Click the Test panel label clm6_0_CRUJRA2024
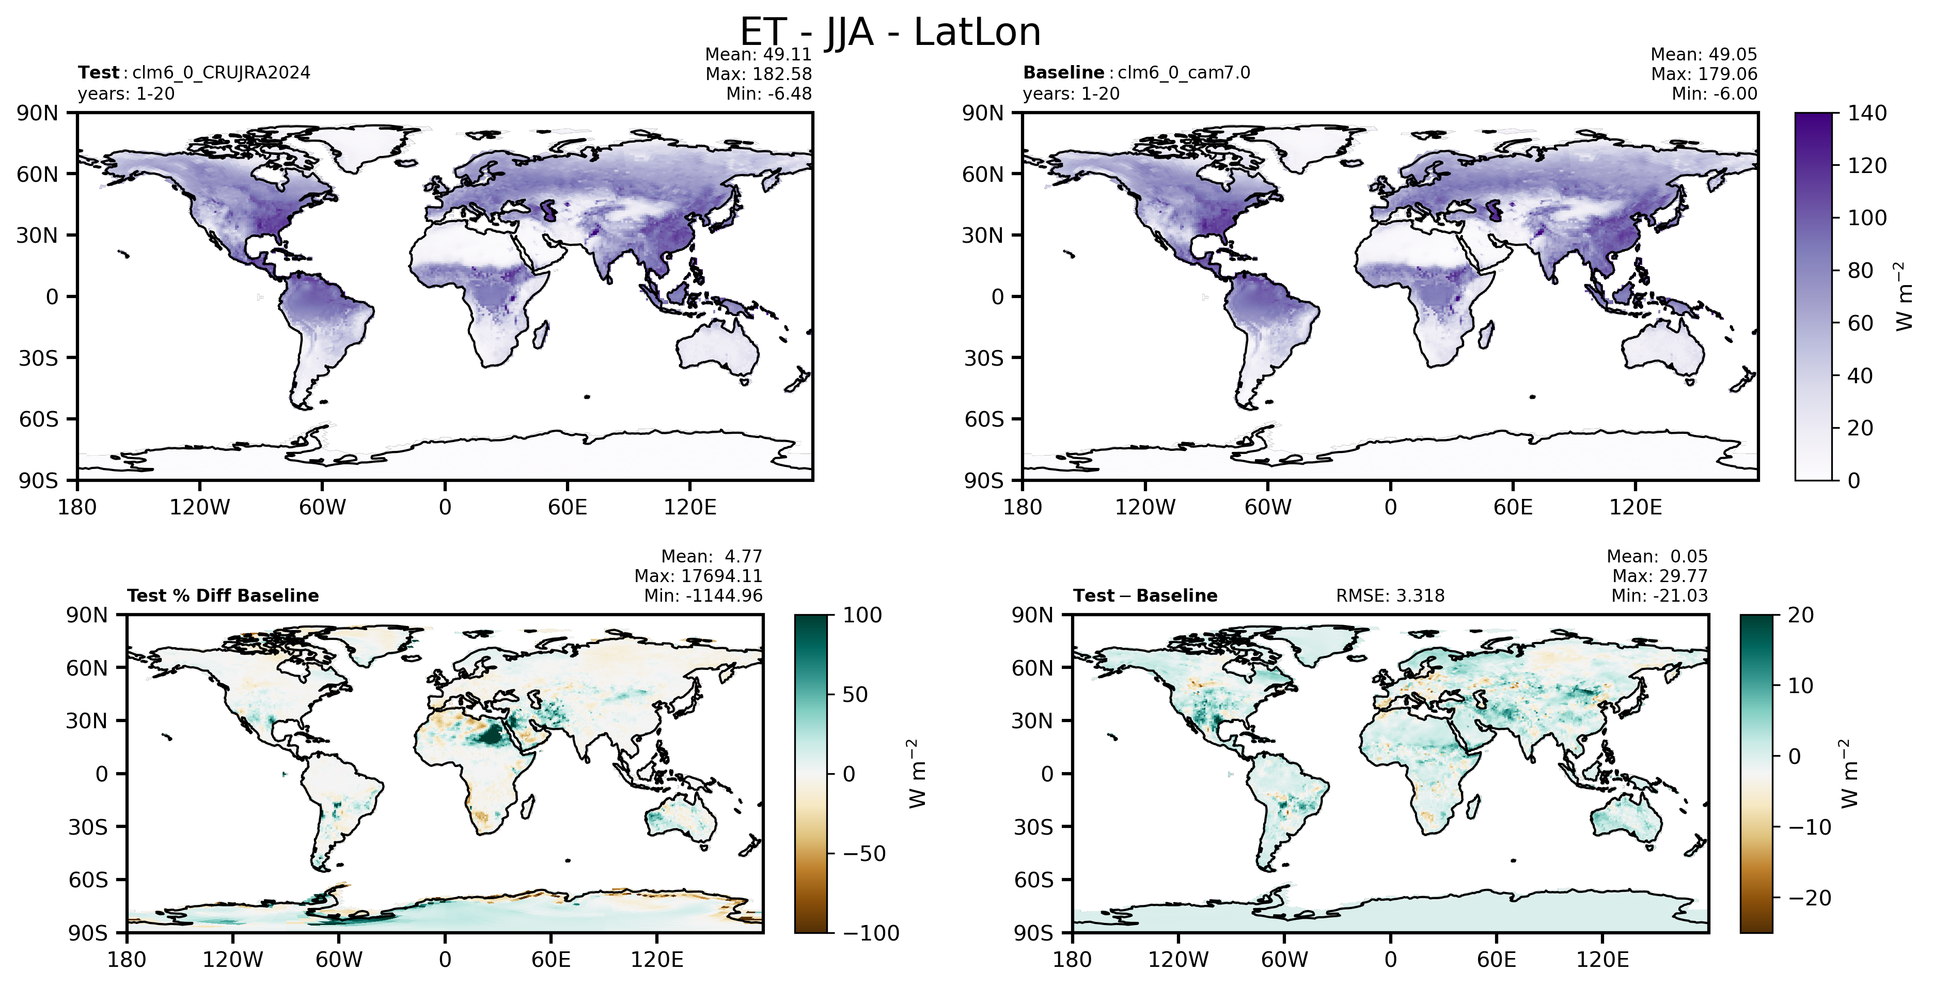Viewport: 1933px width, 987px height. (x=222, y=73)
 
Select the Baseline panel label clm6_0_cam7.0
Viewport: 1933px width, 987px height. (x=1184, y=73)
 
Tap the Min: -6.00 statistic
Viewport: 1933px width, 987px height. (x=1714, y=94)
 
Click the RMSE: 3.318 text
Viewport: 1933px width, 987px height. (x=1390, y=596)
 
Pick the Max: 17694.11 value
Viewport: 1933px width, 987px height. (x=698, y=576)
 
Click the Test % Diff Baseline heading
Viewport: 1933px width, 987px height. (x=223, y=596)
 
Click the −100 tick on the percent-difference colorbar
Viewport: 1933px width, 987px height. (x=871, y=933)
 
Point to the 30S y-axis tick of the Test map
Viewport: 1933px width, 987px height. (x=38, y=358)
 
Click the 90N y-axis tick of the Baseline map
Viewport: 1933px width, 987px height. (x=983, y=113)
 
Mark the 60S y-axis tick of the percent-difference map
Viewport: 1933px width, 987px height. (x=88, y=880)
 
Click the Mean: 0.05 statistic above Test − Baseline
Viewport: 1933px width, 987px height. (x=1657, y=557)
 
